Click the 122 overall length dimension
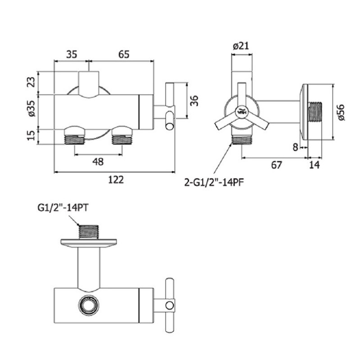click(116, 180)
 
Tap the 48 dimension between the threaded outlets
click(98, 162)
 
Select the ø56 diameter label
click(341, 112)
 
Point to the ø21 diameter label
click(241, 46)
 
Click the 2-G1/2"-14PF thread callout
click(214, 183)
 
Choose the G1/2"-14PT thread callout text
click(63, 208)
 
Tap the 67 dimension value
click(276, 165)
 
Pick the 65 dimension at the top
click(124, 54)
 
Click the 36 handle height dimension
click(194, 100)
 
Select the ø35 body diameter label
click(31, 108)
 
